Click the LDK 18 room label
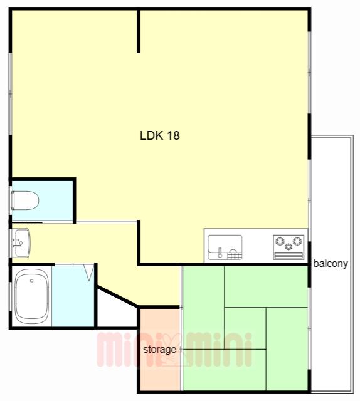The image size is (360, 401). coord(160,135)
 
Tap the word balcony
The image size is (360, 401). coord(331,263)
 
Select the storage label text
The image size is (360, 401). coord(159,350)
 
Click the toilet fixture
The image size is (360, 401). coord(25,200)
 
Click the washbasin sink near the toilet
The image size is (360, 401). coord(21,242)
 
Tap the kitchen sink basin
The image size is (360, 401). coord(225,247)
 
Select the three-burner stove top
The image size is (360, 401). coord(289,247)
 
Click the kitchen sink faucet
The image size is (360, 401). coord(220,253)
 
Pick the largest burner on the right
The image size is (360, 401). coord(297,241)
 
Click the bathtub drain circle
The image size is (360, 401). coord(31,281)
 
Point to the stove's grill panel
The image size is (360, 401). coord(289,255)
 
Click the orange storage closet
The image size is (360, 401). coord(160,349)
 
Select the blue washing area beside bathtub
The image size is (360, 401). coord(73,296)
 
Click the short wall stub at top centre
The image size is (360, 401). coord(139,31)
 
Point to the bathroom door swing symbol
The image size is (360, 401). coord(89,273)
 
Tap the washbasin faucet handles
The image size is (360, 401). coord(17,242)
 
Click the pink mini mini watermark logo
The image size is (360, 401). coord(174,350)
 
